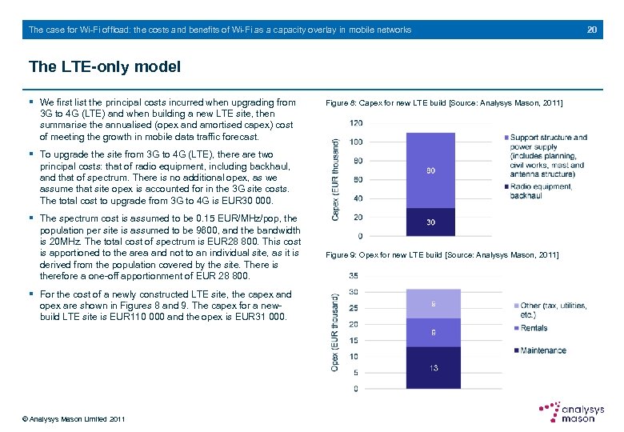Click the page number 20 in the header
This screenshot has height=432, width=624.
point(592,30)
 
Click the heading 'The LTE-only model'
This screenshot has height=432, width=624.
point(104,66)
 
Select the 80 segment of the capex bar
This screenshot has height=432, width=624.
point(431,170)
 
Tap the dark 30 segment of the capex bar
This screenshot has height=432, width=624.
point(431,222)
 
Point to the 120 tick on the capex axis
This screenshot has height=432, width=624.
point(356,122)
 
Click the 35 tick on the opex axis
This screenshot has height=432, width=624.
point(354,275)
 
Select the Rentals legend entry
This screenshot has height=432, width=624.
point(534,328)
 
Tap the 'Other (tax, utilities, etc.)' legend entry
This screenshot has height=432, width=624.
point(553,310)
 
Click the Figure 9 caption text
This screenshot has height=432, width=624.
point(443,255)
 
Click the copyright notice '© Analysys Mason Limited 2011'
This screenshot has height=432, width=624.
point(74,418)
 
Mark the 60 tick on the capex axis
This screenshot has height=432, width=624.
point(358,179)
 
